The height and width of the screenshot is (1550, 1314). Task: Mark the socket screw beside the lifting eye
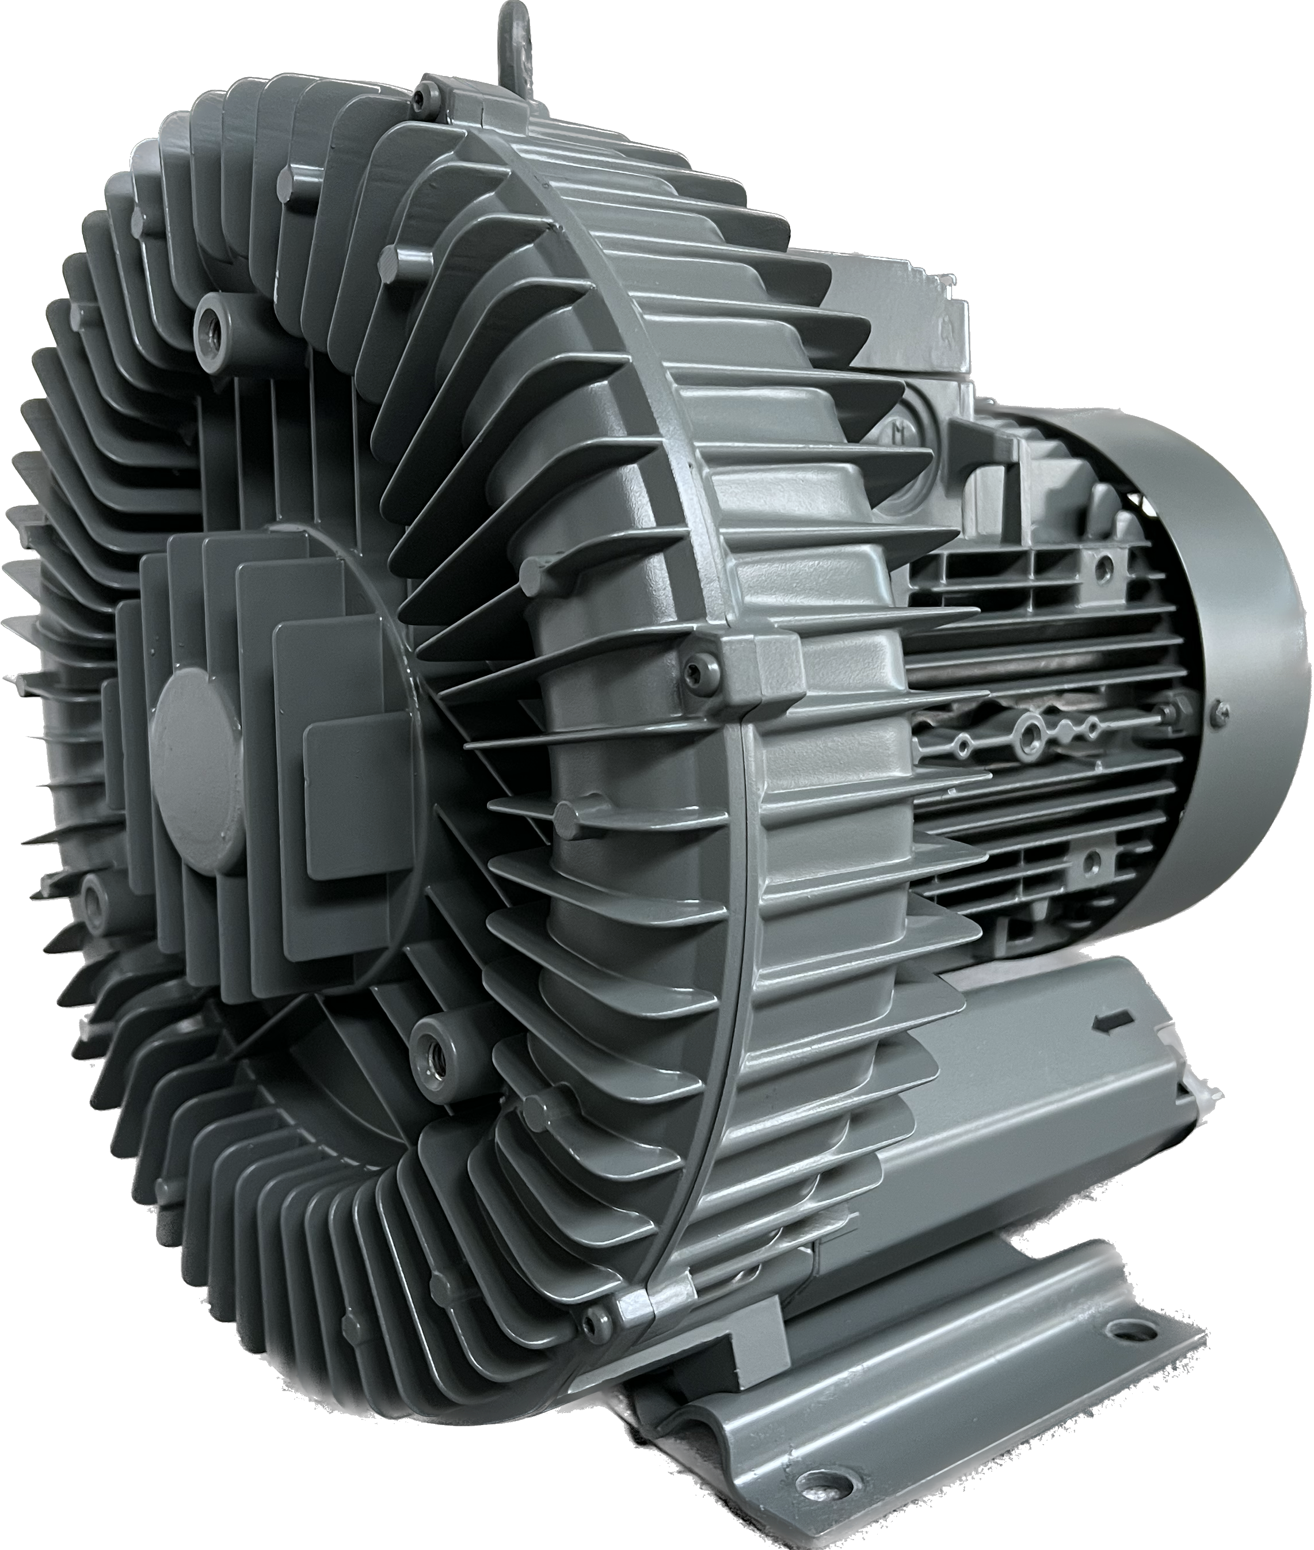[x=428, y=94]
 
